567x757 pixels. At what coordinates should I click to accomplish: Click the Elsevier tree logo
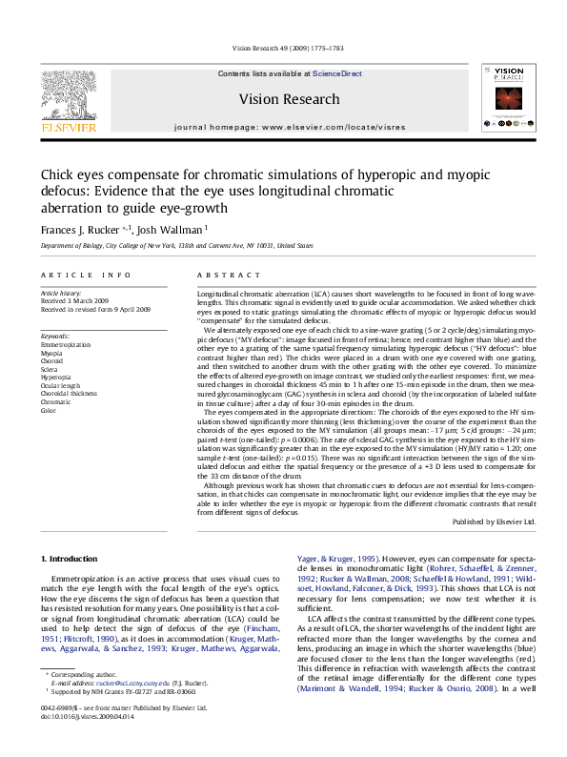coord(68,93)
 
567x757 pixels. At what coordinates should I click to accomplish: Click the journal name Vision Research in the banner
coord(289,99)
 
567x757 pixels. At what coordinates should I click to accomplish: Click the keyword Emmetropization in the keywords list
coord(66,344)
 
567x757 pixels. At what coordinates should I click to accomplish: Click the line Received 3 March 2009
coord(74,301)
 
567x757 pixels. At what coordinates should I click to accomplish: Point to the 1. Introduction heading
coord(72,557)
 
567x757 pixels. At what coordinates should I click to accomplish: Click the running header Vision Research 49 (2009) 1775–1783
coord(284,48)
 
